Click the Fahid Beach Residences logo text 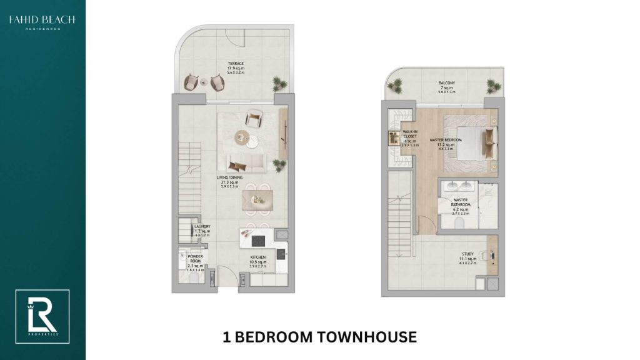[42, 22]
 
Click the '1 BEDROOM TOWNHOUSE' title [319, 337]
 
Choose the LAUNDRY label [202, 229]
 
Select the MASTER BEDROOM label [446, 144]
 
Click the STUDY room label [467, 257]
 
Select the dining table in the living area [257, 201]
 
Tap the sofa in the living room [244, 163]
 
